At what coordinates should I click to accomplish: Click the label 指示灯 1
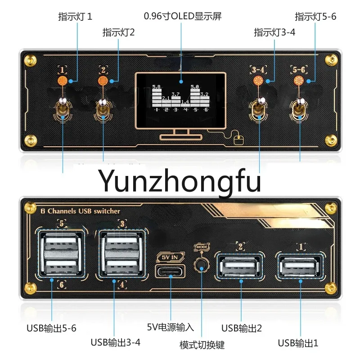[75, 17]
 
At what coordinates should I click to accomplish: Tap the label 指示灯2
[118, 32]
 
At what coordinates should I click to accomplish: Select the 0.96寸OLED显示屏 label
[182, 17]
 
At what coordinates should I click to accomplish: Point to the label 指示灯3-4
[274, 32]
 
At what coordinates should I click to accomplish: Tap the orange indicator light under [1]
[63, 81]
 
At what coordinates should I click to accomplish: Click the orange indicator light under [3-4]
[258, 81]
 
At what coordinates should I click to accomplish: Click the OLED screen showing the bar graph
[180, 98]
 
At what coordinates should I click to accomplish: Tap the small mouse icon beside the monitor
[238, 140]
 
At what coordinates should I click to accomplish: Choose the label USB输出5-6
[51, 328]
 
